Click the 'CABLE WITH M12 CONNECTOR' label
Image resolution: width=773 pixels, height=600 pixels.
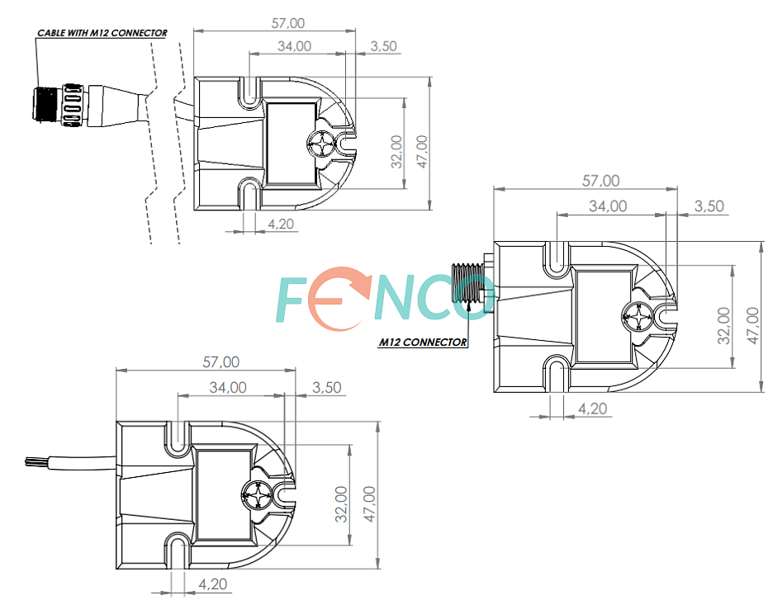102,33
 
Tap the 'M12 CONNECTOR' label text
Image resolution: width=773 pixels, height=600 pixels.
423,342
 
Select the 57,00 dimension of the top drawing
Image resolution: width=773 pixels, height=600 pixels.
288,23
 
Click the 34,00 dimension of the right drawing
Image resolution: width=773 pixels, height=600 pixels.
608,206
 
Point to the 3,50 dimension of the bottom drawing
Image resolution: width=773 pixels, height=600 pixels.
327,388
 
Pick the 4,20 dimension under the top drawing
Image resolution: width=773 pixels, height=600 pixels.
281,224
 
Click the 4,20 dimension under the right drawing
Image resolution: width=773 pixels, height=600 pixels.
592,409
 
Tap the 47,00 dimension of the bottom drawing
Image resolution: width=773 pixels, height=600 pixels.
369,504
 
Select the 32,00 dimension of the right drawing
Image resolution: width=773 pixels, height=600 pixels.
723,325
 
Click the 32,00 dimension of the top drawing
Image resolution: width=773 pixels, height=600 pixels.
397,152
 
